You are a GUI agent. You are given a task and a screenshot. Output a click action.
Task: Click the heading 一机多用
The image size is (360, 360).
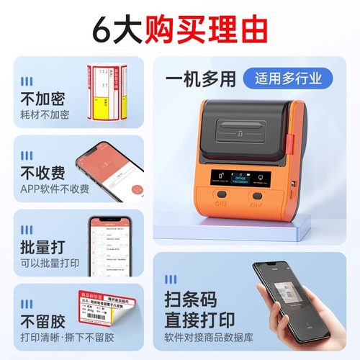point(199,77)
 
